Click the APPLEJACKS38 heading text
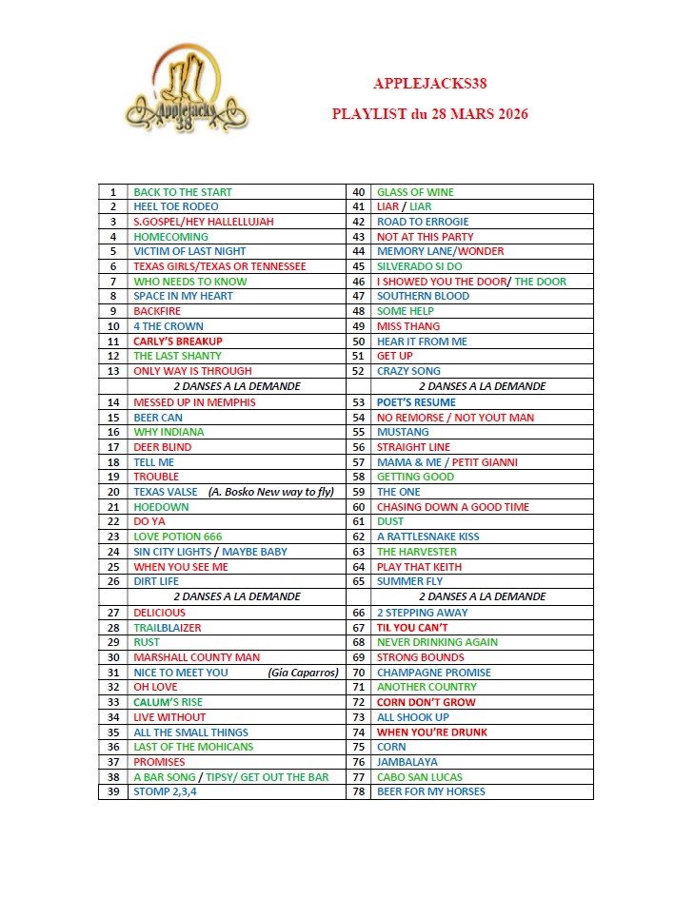(429, 84)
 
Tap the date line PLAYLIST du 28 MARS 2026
(429, 114)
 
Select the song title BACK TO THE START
(183, 192)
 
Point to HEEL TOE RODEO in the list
(176, 206)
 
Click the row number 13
(113, 371)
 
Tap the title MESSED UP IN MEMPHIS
(194, 402)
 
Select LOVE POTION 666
(178, 537)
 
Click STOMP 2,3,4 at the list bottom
(166, 791)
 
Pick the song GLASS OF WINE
(415, 192)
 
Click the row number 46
(359, 282)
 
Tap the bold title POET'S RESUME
(416, 402)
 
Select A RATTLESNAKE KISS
(427, 537)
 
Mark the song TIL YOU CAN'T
(412, 628)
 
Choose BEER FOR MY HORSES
(431, 791)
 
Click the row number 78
(359, 791)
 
